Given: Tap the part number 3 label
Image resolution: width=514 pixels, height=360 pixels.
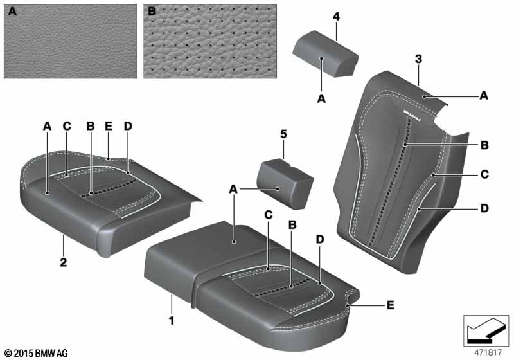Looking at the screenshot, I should pyautogui.click(x=418, y=59).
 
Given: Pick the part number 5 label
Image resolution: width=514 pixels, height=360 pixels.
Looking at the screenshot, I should pyautogui.click(x=283, y=134).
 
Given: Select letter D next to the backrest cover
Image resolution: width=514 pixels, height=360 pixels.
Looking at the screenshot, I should pyautogui.click(x=484, y=208).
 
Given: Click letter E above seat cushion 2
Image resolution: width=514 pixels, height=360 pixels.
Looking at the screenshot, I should pyautogui.click(x=109, y=127).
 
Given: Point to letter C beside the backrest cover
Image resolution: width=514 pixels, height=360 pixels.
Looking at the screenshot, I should pyautogui.click(x=484, y=174).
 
